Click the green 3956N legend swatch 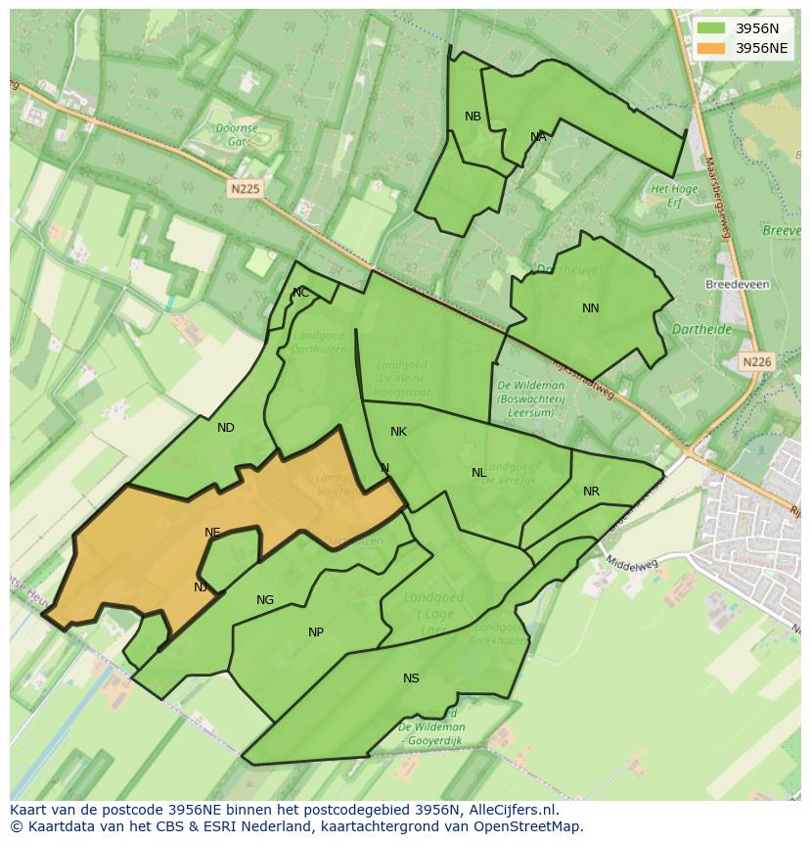711,28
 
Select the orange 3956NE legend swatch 711,48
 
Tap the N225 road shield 247,189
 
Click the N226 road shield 756,361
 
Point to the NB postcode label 472,117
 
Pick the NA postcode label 538,137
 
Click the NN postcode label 590,308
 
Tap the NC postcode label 300,293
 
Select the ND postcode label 226,428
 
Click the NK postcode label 398,432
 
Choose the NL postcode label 478,473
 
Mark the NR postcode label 591,492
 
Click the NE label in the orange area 212,533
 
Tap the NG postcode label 265,600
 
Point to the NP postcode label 316,632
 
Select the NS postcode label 411,679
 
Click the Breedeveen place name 737,285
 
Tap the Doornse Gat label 237,134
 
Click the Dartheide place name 702,330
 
